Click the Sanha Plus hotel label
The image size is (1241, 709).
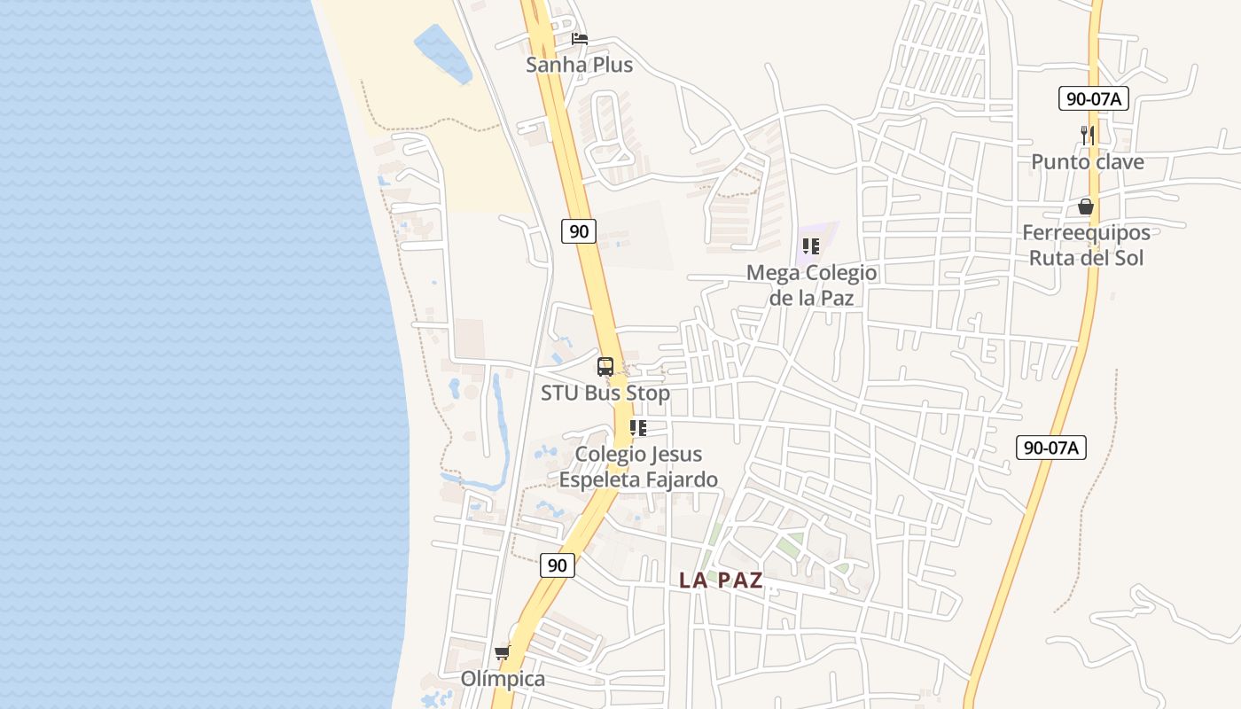(579, 65)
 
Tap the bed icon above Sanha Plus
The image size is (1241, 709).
(580, 39)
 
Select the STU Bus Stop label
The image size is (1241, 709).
(605, 393)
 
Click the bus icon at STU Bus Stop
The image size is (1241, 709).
(605, 366)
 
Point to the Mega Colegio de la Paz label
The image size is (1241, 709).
(811, 284)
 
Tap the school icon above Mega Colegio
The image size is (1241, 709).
(811, 246)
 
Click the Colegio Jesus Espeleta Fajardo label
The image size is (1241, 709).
(638, 467)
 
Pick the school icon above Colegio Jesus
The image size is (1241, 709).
(638, 428)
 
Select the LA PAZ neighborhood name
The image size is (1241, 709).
(721, 580)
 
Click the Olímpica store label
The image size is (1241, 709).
(503, 679)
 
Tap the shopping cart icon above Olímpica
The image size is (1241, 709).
(503, 653)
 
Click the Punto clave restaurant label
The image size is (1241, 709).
(1087, 162)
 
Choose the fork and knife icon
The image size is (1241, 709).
(1088, 136)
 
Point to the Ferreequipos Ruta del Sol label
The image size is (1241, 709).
(1087, 245)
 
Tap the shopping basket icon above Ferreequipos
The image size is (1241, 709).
(1086, 207)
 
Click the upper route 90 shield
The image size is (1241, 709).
(579, 231)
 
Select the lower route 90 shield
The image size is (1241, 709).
(557, 565)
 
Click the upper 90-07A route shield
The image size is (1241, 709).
(1094, 98)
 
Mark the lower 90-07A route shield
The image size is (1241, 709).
(1051, 448)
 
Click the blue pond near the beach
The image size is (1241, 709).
(442, 52)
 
